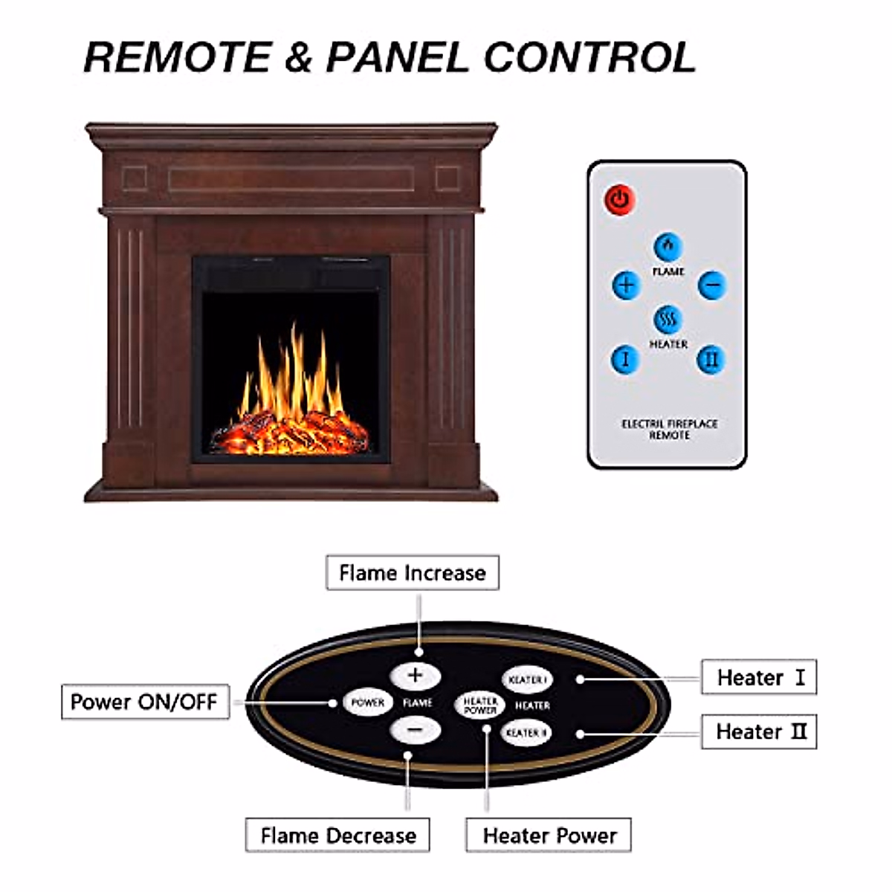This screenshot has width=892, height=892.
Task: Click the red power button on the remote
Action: [619, 199]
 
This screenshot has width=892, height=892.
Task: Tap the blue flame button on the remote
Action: [668, 247]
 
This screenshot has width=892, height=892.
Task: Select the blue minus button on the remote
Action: [711, 285]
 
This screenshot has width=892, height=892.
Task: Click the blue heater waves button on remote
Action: [668, 320]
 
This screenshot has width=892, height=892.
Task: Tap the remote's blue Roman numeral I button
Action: [624, 360]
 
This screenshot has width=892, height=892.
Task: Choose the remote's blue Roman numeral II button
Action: [711, 360]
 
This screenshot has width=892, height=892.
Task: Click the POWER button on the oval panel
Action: [367, 702]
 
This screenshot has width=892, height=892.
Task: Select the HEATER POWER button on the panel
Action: [479, 705]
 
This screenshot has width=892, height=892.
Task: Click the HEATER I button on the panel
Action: [527, 679]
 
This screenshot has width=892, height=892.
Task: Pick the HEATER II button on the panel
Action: [526, 733]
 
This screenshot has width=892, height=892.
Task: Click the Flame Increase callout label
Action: [413, 573]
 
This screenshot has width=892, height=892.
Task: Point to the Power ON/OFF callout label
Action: [144, 702]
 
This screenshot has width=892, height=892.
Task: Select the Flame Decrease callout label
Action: [338, 836]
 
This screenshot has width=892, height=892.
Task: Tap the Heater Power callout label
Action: [549, 836]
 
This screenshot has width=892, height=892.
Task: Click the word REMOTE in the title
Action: [178, 57]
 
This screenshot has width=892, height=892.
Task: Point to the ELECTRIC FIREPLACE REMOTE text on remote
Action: [669, 429]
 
